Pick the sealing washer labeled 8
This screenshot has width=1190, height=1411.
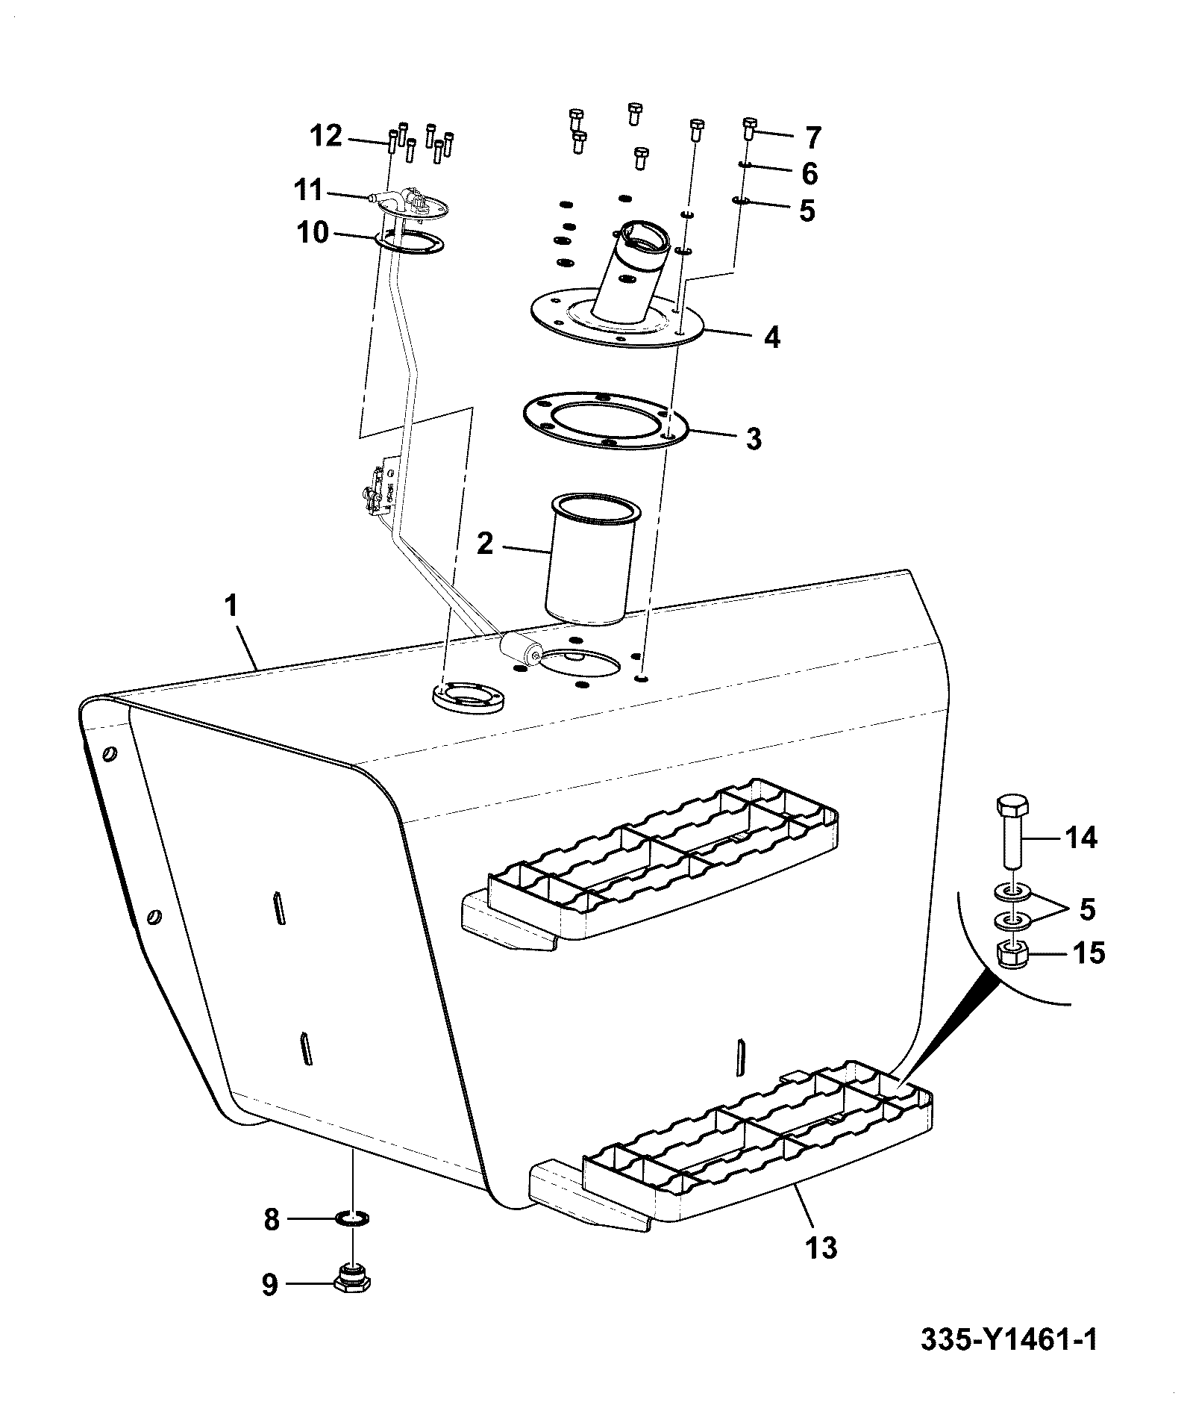(354, 1219)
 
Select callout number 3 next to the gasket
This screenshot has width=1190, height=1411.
(754, 439)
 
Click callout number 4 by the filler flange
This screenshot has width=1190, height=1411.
(772, 337)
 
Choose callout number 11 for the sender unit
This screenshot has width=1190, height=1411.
(307, 191)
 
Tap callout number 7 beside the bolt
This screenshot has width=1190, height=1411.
(812, 137)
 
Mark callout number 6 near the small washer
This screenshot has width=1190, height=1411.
(809, 173)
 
